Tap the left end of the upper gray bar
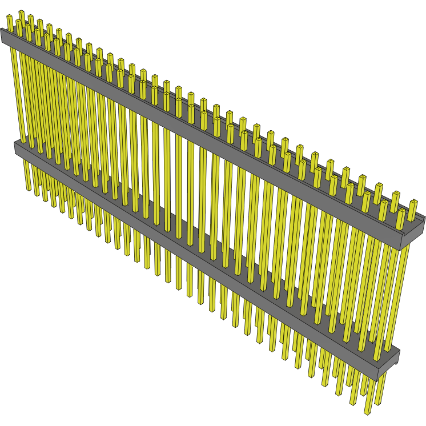3,37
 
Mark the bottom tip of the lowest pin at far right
368,412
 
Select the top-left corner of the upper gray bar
2,30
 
